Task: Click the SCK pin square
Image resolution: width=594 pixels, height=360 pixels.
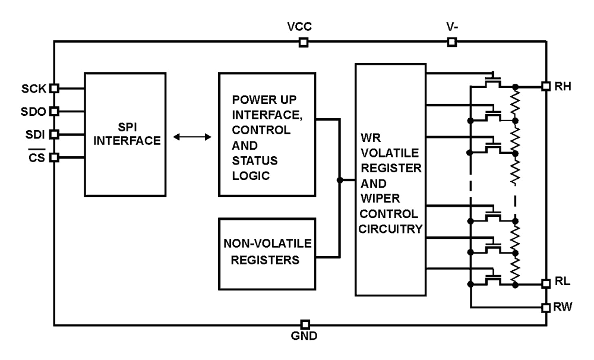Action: click(54, 88)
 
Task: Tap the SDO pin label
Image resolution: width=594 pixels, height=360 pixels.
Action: click(33, 112)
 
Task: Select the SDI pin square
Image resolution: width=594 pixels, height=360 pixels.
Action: click(54, 134)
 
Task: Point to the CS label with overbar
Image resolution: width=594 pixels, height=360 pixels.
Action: click(37, 156)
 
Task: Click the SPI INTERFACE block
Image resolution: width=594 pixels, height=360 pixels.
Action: click(125, 134)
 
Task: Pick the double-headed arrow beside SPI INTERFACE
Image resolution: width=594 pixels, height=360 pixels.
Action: click(192, 137)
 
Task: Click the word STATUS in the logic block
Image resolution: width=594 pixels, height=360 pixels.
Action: click(255, 160)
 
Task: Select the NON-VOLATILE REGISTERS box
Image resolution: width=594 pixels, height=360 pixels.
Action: click(267, 254)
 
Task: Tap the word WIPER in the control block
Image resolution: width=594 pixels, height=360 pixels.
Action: click(380, 198)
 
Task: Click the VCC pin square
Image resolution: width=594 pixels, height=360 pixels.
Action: click(304, 42)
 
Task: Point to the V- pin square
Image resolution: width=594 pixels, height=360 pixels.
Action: click(452, 42)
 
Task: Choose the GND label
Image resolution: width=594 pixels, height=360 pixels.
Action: click(304, 336)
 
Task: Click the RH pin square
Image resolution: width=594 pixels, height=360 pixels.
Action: click(546, 86)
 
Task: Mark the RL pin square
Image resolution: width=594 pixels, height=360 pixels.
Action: click(546, 283)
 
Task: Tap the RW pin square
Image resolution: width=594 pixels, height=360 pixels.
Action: click(546, 307)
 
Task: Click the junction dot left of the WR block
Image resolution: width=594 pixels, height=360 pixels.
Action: click(340, 180)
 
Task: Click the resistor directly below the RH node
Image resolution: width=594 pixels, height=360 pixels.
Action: click(515, 104)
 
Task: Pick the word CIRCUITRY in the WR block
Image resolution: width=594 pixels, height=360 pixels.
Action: click(391, 229)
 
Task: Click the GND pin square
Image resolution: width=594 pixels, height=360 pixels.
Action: click(305, 324)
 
